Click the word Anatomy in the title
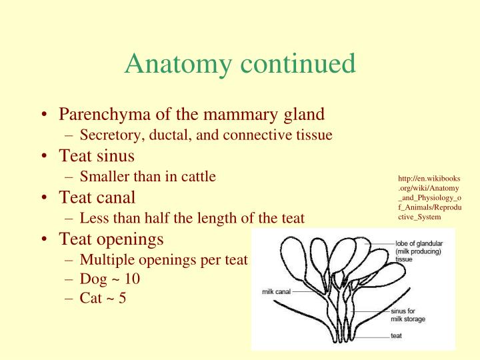[176, 64]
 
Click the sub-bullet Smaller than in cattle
[147, 177]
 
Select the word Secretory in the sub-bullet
[107, 135]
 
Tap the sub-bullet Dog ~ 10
[109, 279]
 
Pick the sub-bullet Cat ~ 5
[103, 298]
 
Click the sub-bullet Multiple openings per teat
[163, 259]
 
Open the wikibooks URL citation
[430, 197]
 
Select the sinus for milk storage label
[407, 315]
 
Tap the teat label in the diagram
[396, 335]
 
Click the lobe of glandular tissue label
[419, 251]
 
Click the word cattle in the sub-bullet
[197, 177]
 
